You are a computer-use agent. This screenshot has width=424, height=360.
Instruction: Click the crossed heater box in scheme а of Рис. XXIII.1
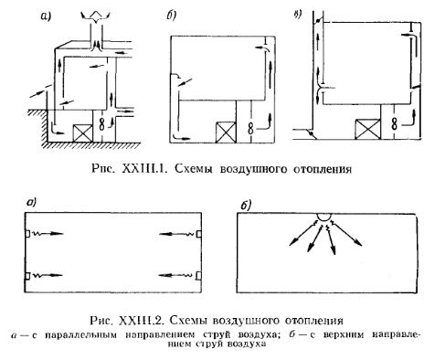coord(82,133)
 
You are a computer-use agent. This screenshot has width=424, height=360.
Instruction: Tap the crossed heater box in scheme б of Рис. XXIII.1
coord(226,132)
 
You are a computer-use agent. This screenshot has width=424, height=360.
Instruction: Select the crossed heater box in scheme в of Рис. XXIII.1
coord(367,129)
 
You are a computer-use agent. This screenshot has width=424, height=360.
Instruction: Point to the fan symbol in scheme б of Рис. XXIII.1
coord(250,128)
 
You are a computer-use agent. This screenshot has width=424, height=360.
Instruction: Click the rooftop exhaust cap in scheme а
coord(96,16)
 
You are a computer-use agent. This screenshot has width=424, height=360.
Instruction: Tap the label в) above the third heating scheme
coord(298,14)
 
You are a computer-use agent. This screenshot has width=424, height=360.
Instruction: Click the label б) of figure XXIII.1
coord(171,16)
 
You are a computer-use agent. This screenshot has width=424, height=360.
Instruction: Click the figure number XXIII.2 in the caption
coord(143,320)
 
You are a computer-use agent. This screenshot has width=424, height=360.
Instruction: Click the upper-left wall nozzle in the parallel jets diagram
coord(27,234)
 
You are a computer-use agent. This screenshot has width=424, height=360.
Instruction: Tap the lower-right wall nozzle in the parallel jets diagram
coord(199,275)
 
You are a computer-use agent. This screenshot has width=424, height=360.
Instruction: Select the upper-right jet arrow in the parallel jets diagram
coord(176,234)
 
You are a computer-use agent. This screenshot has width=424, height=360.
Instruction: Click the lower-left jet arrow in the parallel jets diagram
coord(48,275)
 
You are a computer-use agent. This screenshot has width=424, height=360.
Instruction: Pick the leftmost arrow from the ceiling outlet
coord(302,234)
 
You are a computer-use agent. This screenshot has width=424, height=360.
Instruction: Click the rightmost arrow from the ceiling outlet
coord(347,234)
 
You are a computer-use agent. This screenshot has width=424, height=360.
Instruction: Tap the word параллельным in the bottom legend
coord(80,334)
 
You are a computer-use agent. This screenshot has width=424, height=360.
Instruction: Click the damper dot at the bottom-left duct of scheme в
coord(311,133)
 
